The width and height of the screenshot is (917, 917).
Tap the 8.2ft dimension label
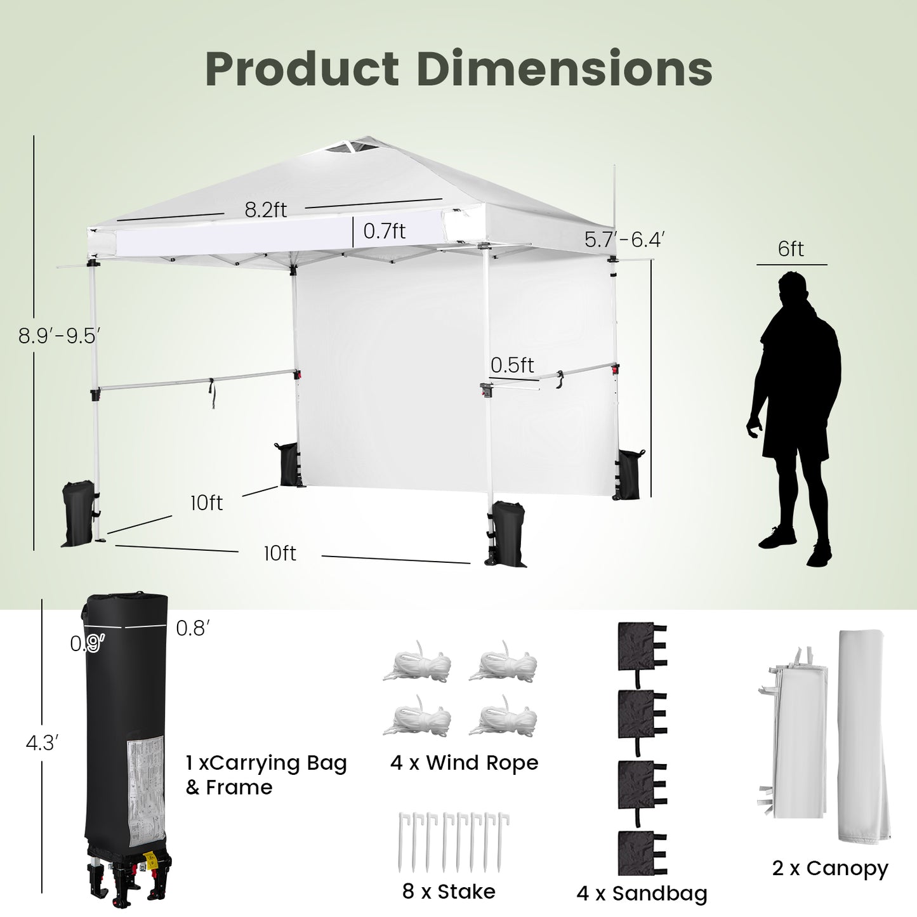[x=266, y=209]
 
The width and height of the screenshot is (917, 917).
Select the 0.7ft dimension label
[x=384, y=231]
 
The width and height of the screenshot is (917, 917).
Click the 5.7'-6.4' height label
[x=624, y=239]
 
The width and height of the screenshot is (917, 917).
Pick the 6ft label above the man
[x=791, y=249]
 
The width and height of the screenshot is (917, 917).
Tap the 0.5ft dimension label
[x=512, y=365]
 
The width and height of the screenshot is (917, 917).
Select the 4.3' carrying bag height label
[x=42, y=742]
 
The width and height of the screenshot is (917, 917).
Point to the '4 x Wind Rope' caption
[x=464, y=762]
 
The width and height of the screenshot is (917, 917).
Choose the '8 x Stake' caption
[x=449, y=891]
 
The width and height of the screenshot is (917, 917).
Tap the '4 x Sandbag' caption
[x=642, y=894]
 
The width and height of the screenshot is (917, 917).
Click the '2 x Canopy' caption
[x=830, y=868]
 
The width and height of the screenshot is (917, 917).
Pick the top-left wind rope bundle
[x=417, y=663]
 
